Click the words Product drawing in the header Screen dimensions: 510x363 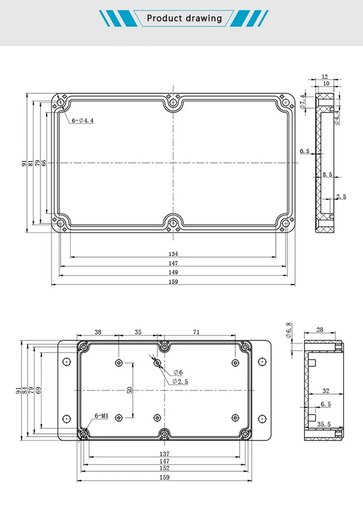click(184, 18)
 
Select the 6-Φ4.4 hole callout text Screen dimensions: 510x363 click(83, 121)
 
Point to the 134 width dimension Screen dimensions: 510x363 click(173, 254)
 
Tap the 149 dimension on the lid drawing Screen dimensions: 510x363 click(173, 272)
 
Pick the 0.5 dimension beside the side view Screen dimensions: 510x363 click(304, 151)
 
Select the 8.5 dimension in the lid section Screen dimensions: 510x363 click(327, 174)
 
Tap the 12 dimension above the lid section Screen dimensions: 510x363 click(325, 77)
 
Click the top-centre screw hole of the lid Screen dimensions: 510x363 click(173, 104)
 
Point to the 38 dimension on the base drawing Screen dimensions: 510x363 click(98, 332)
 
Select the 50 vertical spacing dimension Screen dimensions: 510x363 click(130, 390)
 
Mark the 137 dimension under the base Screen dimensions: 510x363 click(165, 454)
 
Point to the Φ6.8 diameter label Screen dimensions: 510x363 click(288, 330)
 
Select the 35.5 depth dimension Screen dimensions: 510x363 click(323, 424)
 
